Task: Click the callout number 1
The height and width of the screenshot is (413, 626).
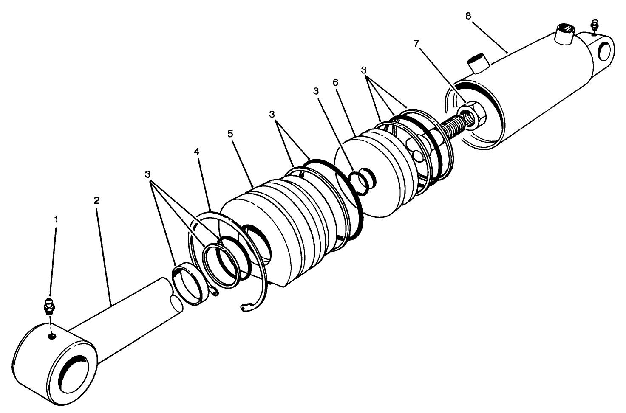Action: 56,219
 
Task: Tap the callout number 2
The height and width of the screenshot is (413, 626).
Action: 96,200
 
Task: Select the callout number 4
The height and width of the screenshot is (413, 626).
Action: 196,152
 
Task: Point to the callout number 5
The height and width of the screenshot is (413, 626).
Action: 230,133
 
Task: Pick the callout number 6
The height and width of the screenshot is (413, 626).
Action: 335,82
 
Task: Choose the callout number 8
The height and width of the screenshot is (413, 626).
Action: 468,16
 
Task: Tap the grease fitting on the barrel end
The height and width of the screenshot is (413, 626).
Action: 594,25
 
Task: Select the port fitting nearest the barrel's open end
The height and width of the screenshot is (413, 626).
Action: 477,63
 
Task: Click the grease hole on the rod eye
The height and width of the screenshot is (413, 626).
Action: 52,337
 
